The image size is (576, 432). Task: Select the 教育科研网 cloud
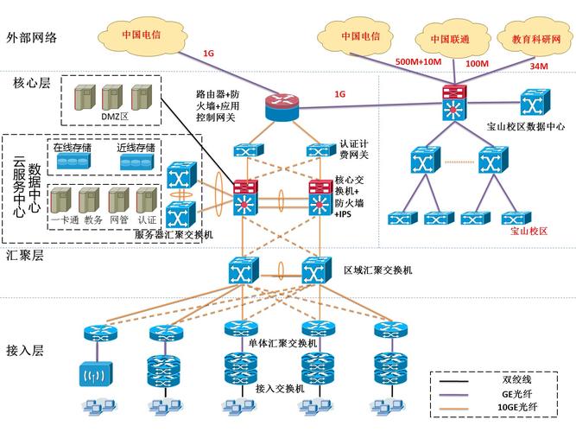tap(529, 40)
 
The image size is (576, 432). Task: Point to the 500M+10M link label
tap(418, 62)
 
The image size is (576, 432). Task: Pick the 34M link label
tap(539, 66)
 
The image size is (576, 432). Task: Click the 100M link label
tap(477, 63)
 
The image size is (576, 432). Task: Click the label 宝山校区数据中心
tap(525, 126)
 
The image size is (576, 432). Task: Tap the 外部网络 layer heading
tap(32, 38)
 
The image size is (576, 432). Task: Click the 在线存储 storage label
tap(73, 148)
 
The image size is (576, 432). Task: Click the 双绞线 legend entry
tap(520, 378)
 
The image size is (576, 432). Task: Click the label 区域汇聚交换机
tap(377, 270)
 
